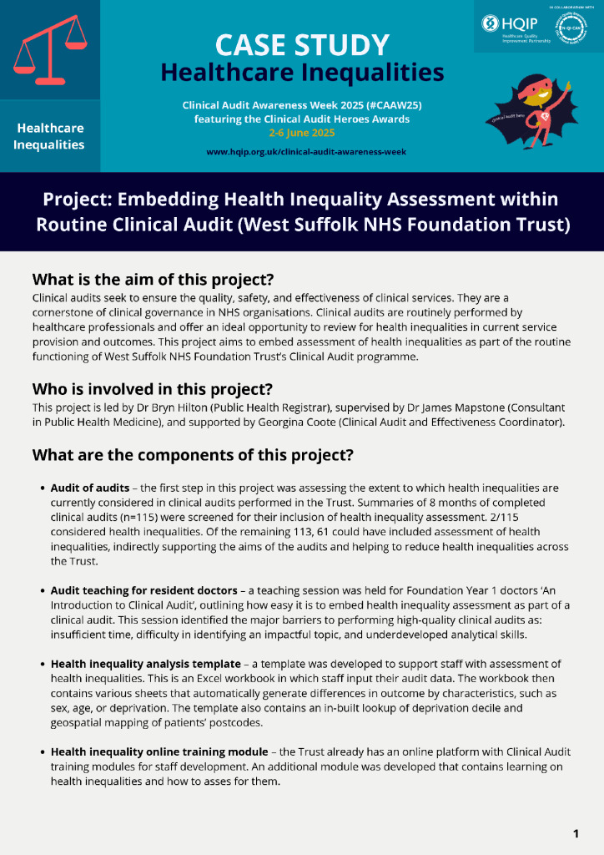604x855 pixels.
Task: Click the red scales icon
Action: point(50,50)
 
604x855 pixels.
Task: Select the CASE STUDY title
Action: point(302,44)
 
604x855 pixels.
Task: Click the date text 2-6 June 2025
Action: point(301,132)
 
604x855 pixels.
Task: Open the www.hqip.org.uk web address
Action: point(301,152)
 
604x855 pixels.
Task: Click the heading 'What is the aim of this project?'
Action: point(153,278)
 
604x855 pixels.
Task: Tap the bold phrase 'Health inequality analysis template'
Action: point(145,664)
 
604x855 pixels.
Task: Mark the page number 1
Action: point(576,833)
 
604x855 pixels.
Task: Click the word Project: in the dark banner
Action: point(77,200)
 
